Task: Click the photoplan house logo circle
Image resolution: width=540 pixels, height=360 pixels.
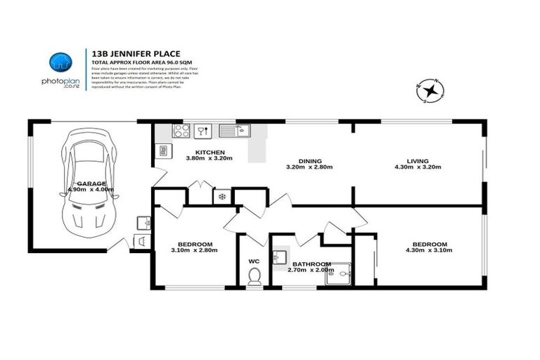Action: pos(60,62)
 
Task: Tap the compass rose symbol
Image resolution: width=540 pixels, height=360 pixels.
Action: pos(430,91)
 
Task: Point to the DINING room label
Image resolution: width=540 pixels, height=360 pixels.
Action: pos(309,160)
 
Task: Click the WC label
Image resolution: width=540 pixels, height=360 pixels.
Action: pos(254,261)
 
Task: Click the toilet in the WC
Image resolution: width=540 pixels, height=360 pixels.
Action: pos(255,276)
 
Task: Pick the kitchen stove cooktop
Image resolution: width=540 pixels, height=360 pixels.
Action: pos(181,130)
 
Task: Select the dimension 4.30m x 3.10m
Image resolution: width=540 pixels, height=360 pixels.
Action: pos(431,251)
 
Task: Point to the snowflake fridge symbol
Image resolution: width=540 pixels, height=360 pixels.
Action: pos(223,197)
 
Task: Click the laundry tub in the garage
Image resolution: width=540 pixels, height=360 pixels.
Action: pos(144,223)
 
